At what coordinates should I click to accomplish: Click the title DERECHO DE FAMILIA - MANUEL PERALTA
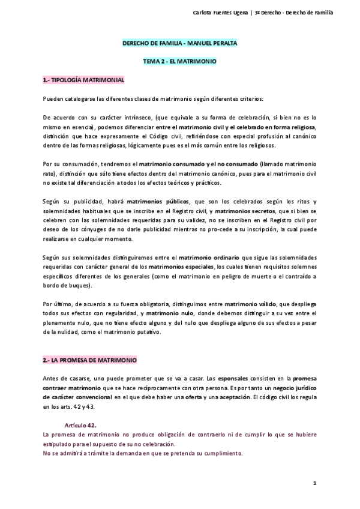(179, 44)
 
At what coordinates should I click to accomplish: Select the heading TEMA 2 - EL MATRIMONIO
(179, 61)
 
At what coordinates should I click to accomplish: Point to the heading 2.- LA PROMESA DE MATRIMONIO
(89, 360)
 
